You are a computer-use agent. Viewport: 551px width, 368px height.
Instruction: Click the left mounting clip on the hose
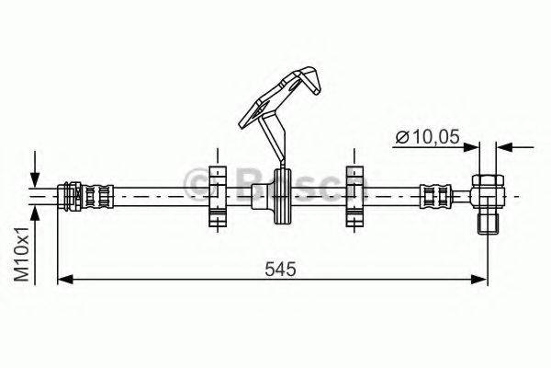(x=217, y=196)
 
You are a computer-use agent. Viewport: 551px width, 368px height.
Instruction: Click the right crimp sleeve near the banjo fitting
(x=433, y=196)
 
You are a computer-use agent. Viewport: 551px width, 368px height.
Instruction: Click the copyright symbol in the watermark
(x=197, y=180)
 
